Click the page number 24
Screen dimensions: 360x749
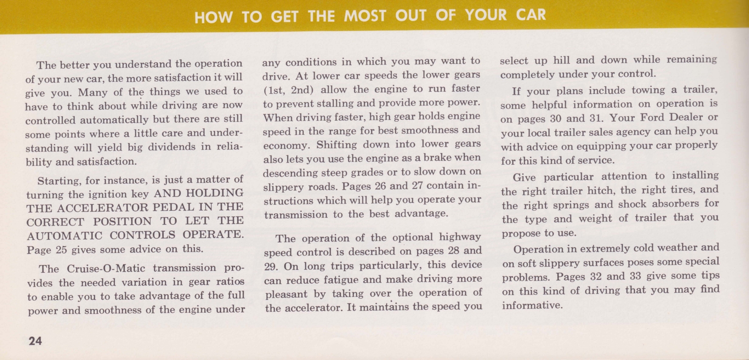35,341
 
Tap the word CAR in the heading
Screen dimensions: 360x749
531,15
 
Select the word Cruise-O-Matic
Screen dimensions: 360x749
106,269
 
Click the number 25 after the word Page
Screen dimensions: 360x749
61,250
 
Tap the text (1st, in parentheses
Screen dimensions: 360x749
274,89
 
